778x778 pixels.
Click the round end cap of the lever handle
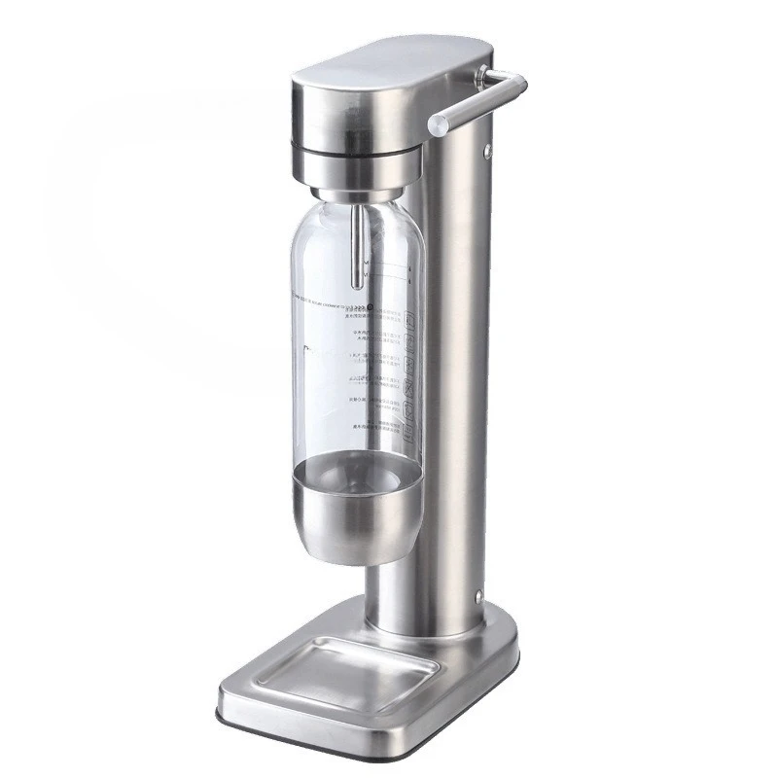pos(440,124)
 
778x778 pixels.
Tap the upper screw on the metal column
pos(483,151)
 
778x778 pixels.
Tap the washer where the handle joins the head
pos(483,74)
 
